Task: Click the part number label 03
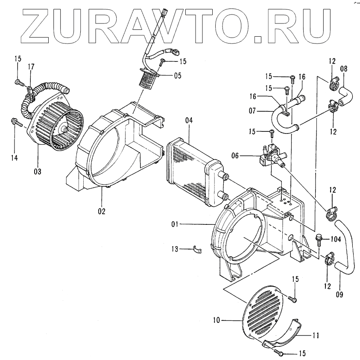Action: (38, 172)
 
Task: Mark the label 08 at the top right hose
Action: (344, 68)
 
